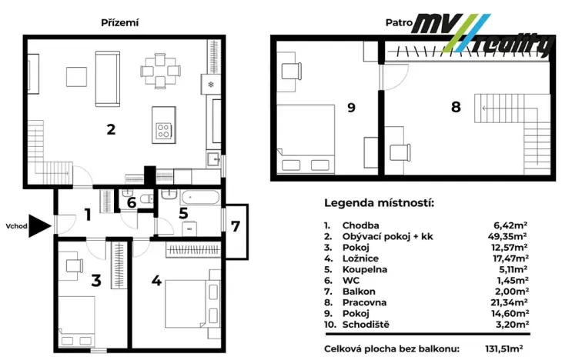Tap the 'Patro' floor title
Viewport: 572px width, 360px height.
pos(397,22)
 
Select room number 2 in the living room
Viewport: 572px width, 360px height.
pos(111,129)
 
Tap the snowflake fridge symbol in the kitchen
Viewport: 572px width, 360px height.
pos(210,84)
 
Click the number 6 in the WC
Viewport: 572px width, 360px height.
pos(132,202)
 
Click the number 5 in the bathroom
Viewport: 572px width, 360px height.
pos(183,213)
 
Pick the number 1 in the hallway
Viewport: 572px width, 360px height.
pos(88,215)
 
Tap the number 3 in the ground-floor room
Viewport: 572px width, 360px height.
pos(95,281)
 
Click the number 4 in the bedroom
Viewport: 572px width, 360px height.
pos(156,281)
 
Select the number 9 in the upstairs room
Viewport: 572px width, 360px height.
pos(351,107)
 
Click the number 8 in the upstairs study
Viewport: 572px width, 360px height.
pos(456,107)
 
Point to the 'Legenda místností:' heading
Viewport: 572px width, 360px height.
pos(379,204)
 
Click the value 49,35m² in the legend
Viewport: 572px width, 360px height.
pos(510,237)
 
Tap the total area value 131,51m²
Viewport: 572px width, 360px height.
pos(507,348)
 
